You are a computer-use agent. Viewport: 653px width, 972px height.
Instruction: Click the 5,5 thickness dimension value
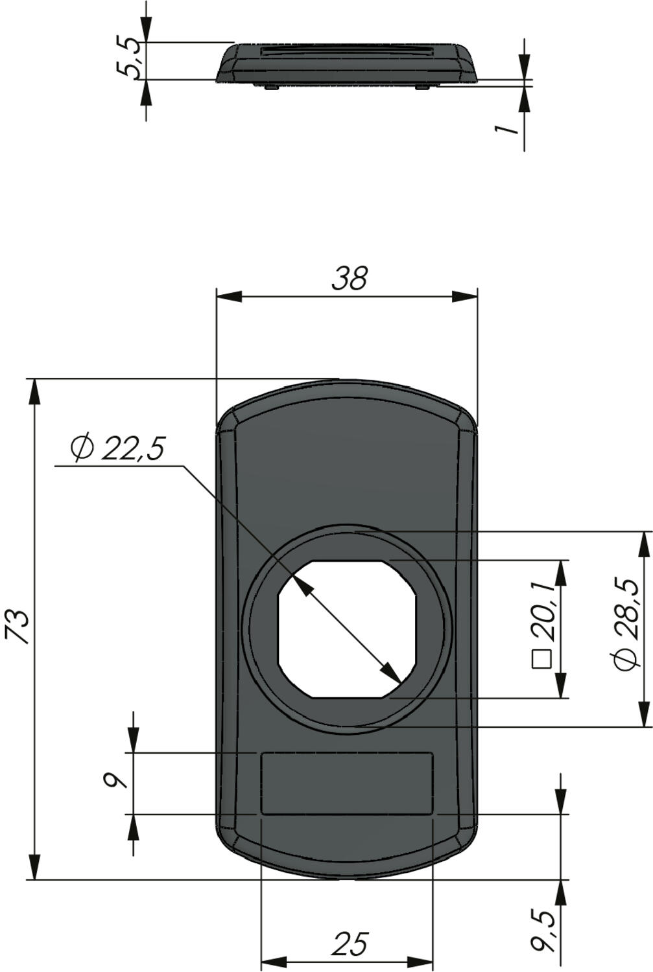pos(129,58)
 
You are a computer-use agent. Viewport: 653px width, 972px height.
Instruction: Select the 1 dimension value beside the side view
pos(506,128)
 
